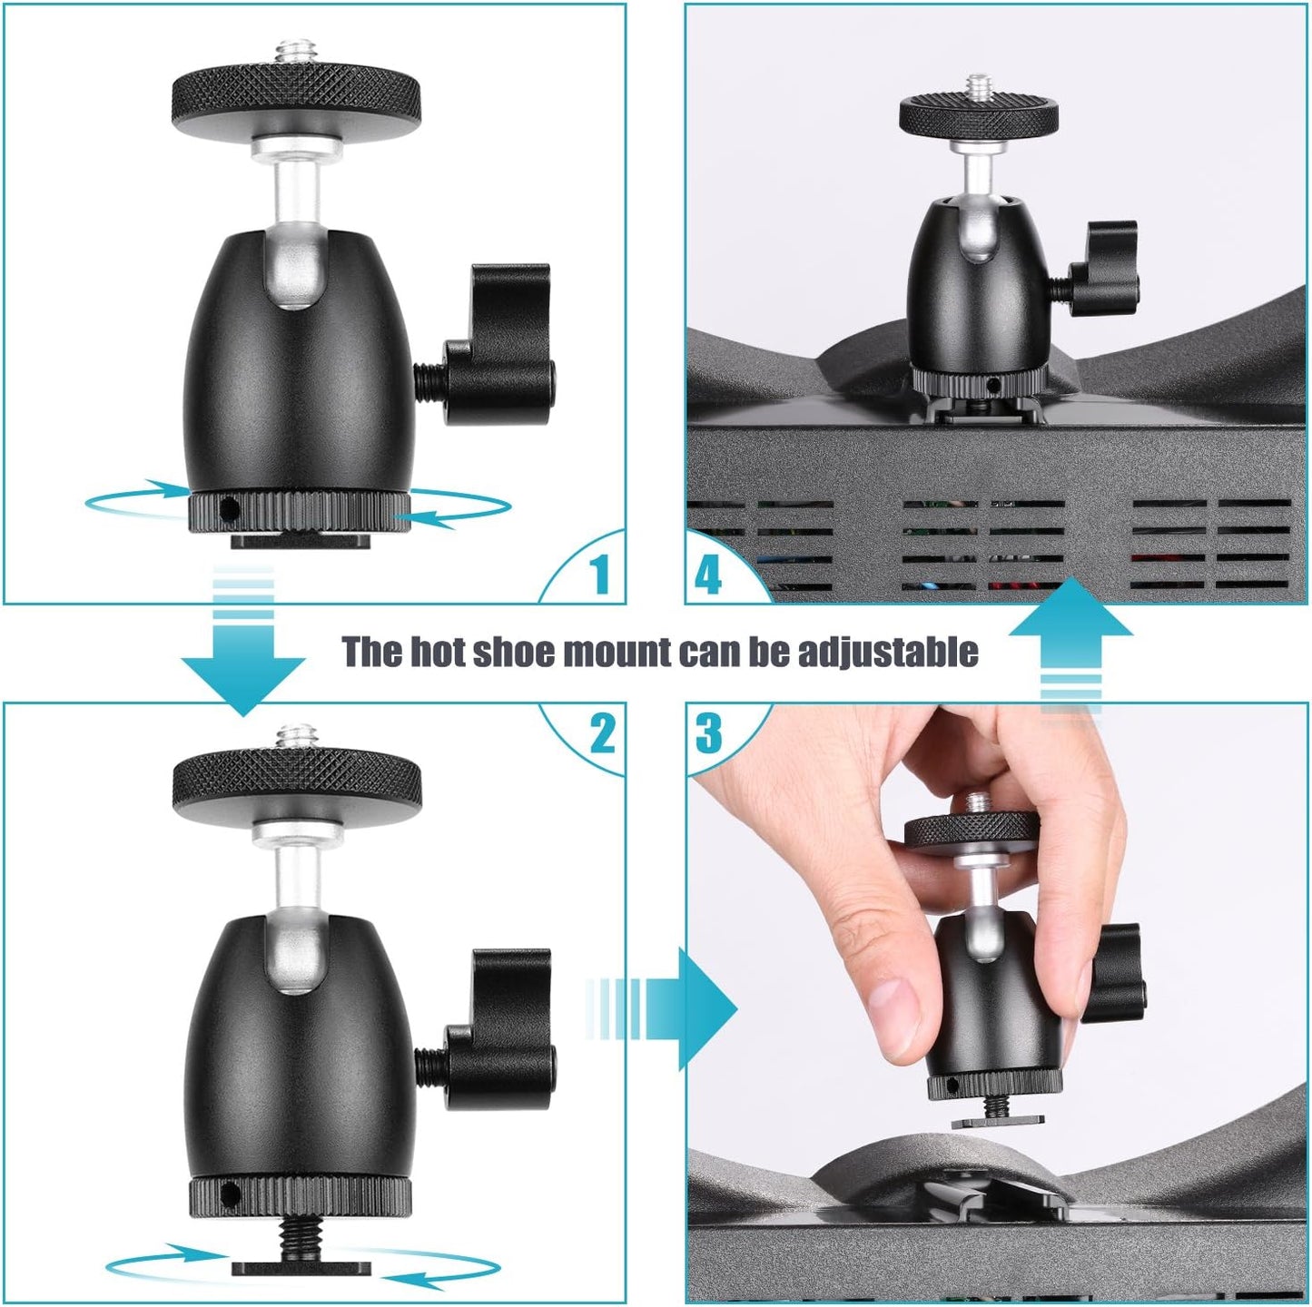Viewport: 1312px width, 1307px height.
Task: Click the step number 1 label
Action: pos(598,575)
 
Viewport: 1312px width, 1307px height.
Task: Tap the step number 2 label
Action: pos(602,732)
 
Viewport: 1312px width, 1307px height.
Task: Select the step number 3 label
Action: pos(709,732)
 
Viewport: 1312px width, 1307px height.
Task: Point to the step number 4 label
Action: pos(708,575)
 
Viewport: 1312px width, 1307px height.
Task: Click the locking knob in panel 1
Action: pos(501,345)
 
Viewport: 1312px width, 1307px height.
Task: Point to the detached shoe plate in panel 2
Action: pos(301,1265)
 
